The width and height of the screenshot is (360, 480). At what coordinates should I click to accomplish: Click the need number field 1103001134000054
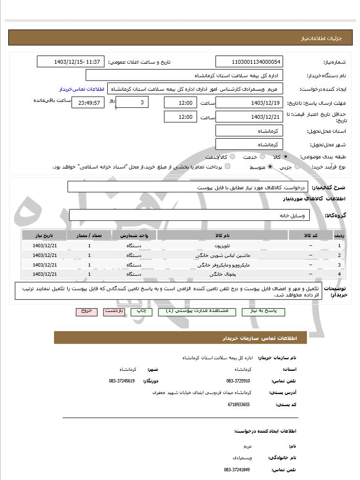(x=249, y=62)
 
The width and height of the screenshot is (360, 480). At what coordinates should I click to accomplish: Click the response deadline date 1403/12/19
(x=249, y=102)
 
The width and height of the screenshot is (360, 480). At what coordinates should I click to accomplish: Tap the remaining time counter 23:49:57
(x=87, y=102)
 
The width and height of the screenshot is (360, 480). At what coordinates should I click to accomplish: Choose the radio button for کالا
(x=286, y=157)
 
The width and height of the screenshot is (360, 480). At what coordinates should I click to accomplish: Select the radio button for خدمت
(x=262, y=157)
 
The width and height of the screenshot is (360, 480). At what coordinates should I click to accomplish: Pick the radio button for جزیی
(x=297, y=167)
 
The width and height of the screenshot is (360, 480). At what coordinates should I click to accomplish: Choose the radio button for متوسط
(x=270, y=167)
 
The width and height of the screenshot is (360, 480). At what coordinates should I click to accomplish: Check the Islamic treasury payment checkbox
(x=228, y=167)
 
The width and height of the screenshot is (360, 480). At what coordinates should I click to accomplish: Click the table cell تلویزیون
(x=217, y=246)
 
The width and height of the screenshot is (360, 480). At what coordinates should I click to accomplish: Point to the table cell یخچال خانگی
(x=217, y=274)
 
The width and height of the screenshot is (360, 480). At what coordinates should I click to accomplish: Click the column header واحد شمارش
(x=134, y=235)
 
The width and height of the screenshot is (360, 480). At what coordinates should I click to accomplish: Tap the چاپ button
(x=142, y=311)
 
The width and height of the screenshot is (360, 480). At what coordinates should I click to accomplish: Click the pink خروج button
(x=86, y=311)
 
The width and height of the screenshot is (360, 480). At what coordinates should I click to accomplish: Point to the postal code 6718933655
(x=238, y=404)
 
